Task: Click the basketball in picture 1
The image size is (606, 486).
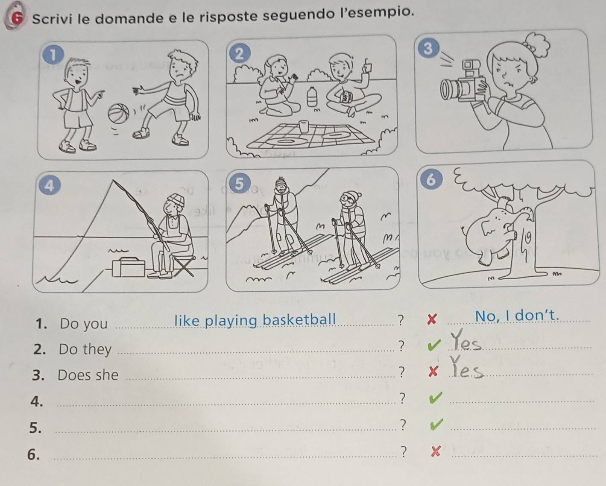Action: (x=119, y=113)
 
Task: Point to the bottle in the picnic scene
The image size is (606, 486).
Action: (x=311, y=97)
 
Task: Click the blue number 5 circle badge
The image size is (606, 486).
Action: (x=239, y=184)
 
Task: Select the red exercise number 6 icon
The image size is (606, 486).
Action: (x=16, y=18)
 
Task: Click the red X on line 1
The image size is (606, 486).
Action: (x=432, y=319)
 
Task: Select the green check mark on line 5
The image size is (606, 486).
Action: (x=436, y=425)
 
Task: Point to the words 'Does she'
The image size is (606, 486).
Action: (x=88, y=375)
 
